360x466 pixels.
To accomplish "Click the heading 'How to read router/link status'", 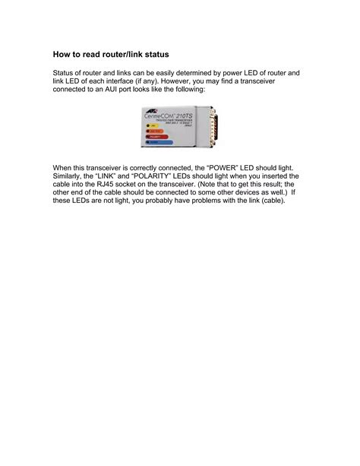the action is (110, 55).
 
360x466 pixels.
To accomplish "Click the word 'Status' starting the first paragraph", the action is (64, 73).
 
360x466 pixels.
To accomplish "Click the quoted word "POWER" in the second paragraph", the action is (235, 166).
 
